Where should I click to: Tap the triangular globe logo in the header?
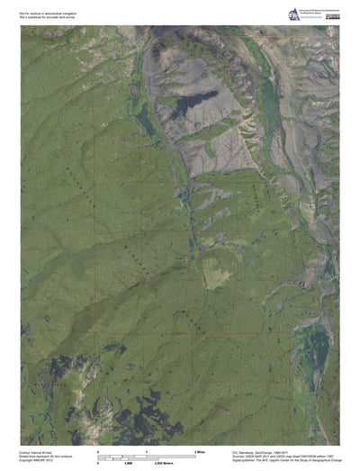293,14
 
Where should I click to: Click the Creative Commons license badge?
332,13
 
